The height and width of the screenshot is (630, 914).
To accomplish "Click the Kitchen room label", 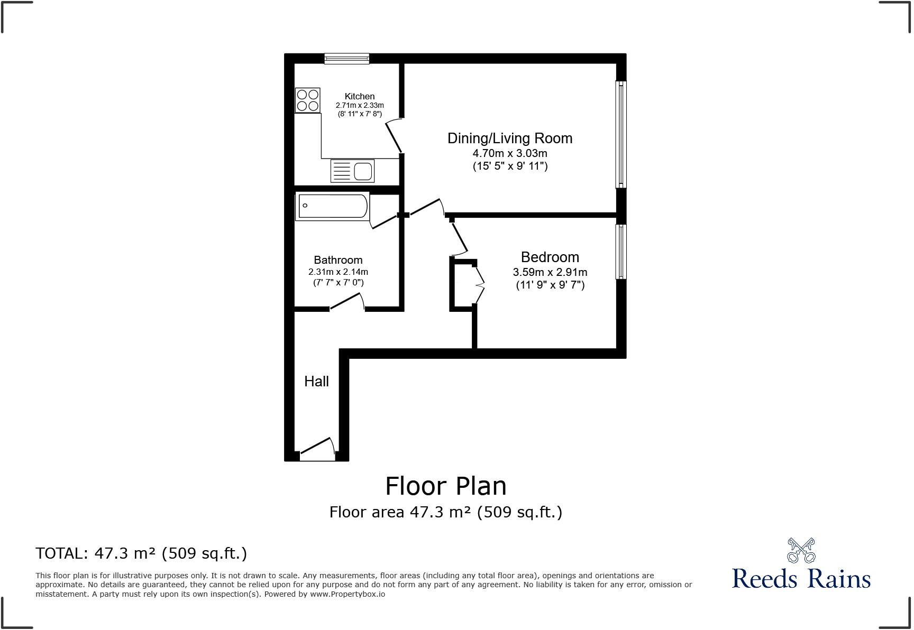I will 360,96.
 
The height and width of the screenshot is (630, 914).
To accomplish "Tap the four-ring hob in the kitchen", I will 308,100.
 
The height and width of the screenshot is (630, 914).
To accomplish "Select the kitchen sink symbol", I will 352,171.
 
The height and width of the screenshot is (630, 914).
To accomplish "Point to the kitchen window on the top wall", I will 346,58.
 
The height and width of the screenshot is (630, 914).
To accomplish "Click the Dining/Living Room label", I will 510,138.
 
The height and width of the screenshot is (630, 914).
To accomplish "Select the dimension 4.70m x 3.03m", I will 510,153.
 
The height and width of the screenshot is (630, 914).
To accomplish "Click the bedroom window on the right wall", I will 621,252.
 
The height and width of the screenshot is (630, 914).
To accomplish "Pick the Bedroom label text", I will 550,257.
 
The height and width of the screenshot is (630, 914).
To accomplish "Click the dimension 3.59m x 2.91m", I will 550,272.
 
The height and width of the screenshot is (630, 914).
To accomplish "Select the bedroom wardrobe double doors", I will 480,285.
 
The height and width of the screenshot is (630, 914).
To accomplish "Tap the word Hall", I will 316,382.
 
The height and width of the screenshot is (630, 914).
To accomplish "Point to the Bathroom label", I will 338,260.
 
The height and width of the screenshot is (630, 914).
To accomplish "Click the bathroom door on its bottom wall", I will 347,303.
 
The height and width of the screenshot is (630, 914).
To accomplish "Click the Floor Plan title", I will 445,486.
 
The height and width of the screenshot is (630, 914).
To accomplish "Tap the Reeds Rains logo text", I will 801,578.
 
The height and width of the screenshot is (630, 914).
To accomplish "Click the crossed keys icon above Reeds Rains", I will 801,550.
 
